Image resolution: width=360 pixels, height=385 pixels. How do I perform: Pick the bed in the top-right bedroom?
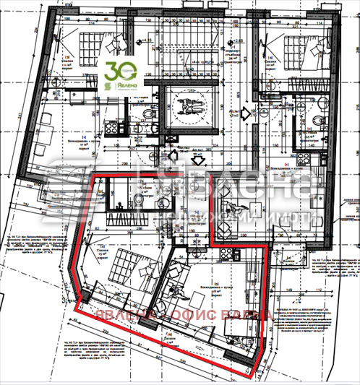point(301,46)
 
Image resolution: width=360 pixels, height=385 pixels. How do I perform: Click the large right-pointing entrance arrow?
point(247,113)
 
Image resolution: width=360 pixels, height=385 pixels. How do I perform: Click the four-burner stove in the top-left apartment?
point(113,126)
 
